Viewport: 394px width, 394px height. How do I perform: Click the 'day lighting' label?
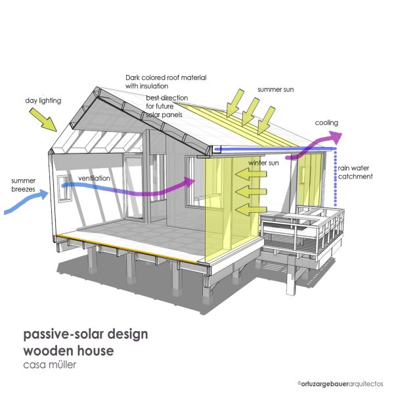[43, 100]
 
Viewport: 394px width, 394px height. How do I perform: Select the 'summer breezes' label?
[24, 185]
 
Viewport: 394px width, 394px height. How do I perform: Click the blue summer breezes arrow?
[26, 202]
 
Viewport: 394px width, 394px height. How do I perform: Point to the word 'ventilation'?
[94, 178]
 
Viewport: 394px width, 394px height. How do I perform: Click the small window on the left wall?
[64, 188]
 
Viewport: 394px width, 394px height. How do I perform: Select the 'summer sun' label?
[276, 89]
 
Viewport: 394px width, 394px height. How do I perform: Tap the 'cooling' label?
[326, 123]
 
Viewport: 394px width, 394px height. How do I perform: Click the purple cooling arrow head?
[336, 138]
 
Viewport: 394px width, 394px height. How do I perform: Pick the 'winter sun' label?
[263, 163]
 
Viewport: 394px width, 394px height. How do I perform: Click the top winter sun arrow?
[251, 174]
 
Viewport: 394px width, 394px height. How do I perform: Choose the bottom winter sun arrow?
[251, 209]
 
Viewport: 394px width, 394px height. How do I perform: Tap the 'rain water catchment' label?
[355, 172]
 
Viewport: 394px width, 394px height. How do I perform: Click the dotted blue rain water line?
[335, 178]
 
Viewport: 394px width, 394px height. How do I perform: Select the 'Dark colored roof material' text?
[166, 77]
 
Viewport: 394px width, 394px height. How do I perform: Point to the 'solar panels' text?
[164, 115]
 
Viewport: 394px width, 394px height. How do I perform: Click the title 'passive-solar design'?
[85, 334]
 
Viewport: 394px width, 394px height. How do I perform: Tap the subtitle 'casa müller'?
[49, 364]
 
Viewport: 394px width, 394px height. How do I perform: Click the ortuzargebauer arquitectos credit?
[340, 383]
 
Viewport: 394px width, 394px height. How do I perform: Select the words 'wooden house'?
[68, 351]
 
